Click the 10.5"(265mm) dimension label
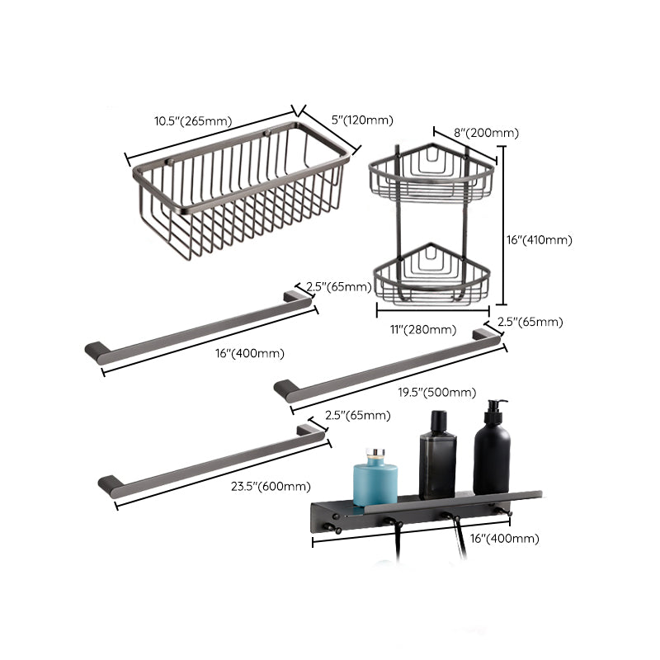click(193, 121)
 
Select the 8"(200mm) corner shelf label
click(487, 133)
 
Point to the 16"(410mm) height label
click(538, 240)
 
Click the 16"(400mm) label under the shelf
click(505, 538)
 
